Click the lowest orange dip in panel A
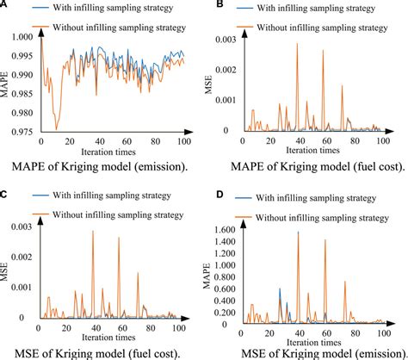[x=57, y=129]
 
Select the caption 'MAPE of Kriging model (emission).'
[x=102, y=164]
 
